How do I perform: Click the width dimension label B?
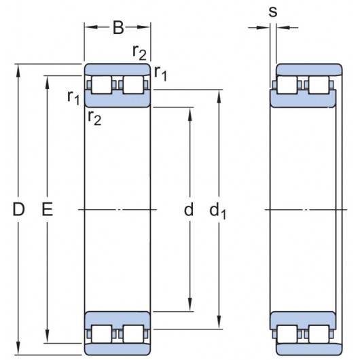pyautogui.click(x=118, y=28)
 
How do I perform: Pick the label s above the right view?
pyautogui.click(x=272, y=12)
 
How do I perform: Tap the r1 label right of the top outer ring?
pyautogui.click(x=161, y=73)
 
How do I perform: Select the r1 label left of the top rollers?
pyautogui.click(x=73, y=97)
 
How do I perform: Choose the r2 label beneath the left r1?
pyautogui.click(x=94, y=118)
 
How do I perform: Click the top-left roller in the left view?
pyautogui.click(x=102, y=86)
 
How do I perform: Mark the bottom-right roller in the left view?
pyautogui.click(x=133, y=334)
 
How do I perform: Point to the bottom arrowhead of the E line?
pyautogui.click(x=47, y=341)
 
